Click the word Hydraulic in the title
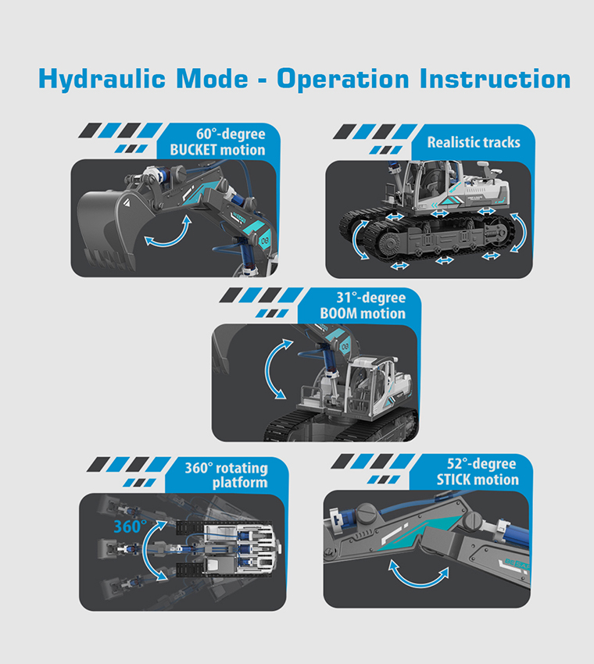pyautogui.click(x=102, y=79)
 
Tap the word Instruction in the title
pyautogui.click(x=496, y=79)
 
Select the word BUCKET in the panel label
pyautogui.click(x=194, y=150)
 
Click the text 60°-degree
pyautogui.click(x=231, y=134)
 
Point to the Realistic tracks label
pyautogui.click(x=474, y=142)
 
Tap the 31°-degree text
pyautogui.click(x=371, y=298)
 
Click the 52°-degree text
pyautogui.click(x=481, y=464)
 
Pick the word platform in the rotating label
pyautogui.click(x=240, y=483)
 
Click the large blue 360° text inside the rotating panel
pyautogui.click(x=130, y=527)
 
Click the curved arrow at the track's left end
pyautogui.click(x=356, y=239)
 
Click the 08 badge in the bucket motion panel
pyautogui.click(x=265, y=241)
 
